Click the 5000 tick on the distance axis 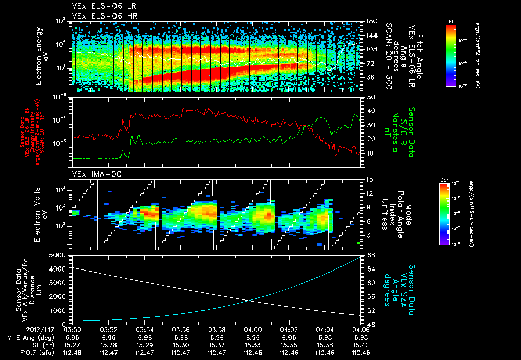coord(60,255)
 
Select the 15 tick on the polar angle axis coord(368,179)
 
